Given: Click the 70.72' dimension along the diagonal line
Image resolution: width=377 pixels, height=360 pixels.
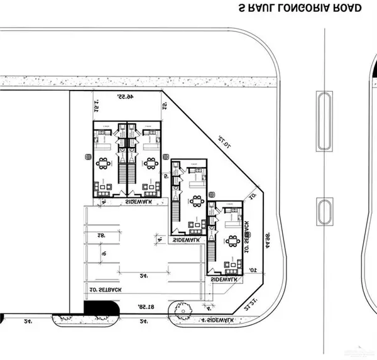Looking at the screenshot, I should pyautogui.click(x=224, y=140).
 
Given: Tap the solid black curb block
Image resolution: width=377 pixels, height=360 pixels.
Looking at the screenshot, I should pyautogui.click(x=101, y=309).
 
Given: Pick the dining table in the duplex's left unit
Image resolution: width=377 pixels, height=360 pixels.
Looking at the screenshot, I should pyautogui.click(x=104, y=164).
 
